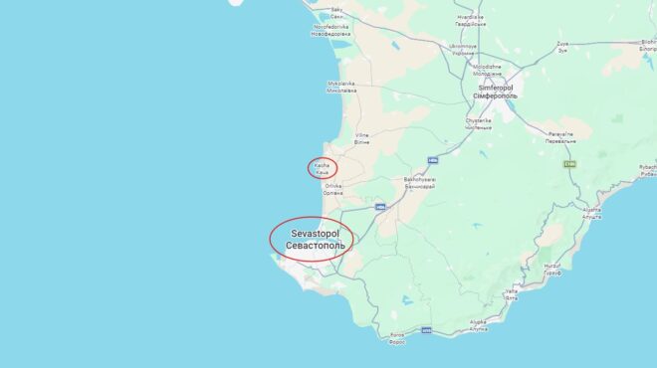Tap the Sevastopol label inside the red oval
(312, 239)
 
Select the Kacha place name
(321, 168)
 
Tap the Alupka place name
(479, 324)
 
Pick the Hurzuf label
(553, 269)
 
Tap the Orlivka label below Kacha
(333, 189)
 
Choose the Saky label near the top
(337, 12)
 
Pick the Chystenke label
(478, 123)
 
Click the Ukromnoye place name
(464, 49)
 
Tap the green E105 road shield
(569, 163)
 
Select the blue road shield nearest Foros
(426, 329)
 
